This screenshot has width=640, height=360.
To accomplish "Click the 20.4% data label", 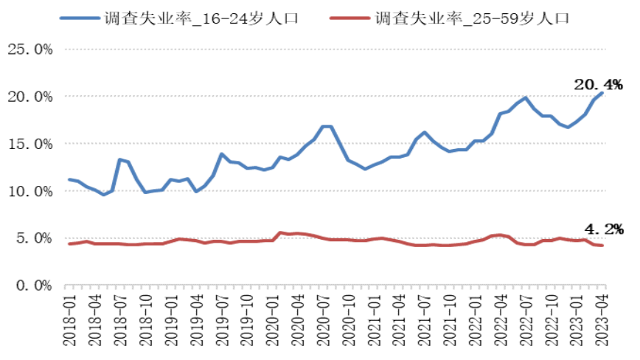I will coord(598,85).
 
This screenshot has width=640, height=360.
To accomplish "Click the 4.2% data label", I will coord(604,229).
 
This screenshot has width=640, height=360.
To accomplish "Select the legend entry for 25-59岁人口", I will coord(472,17).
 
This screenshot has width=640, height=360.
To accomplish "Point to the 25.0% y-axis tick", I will coord(29,49).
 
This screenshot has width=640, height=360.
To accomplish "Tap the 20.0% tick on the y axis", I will coord(29,97).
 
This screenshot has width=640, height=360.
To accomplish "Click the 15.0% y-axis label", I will coord(29,144).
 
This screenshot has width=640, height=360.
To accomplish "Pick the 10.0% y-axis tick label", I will coord(29,191).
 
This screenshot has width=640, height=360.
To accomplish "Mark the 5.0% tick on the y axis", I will coord(34,238).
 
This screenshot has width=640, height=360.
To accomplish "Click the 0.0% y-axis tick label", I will coord(34,285).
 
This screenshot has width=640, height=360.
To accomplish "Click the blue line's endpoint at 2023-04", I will coord(602,93).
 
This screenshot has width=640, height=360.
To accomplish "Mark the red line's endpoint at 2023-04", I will coord(602,246).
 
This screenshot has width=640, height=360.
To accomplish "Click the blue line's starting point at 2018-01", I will coord(69,179).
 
